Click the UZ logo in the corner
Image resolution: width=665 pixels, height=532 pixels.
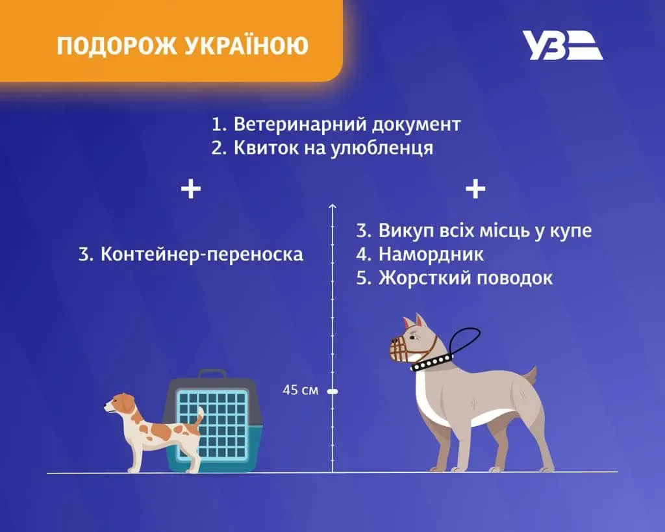(x=562, y=45)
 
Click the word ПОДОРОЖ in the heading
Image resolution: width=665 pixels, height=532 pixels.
(x=114, y=46)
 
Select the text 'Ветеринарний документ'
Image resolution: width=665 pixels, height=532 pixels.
(x=347, y=124)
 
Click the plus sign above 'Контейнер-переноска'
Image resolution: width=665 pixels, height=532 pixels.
(x=190, y=189)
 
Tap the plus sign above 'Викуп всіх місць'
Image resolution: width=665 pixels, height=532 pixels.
(x=475, y=189)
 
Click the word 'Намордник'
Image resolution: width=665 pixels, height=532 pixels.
(x=431, y=253)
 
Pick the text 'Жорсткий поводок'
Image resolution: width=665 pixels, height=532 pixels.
(x=465, y=278)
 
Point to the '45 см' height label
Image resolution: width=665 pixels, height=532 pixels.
(x=301, y=391)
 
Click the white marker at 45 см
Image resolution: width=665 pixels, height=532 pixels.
(x=332, y=391)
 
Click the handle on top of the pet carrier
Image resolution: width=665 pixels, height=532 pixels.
(x=212, y=375)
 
